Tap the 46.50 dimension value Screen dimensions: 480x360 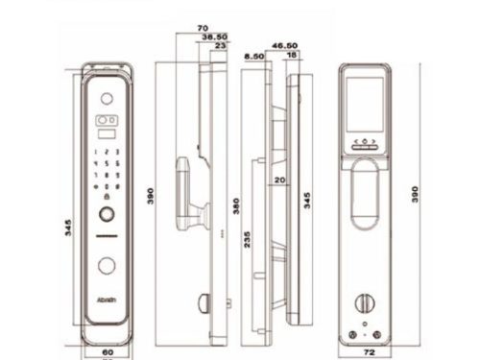point(283,45)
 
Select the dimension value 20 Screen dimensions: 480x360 point(280,180)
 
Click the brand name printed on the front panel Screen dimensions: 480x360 point(107,299)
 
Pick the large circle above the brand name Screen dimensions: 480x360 point(106,265)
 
